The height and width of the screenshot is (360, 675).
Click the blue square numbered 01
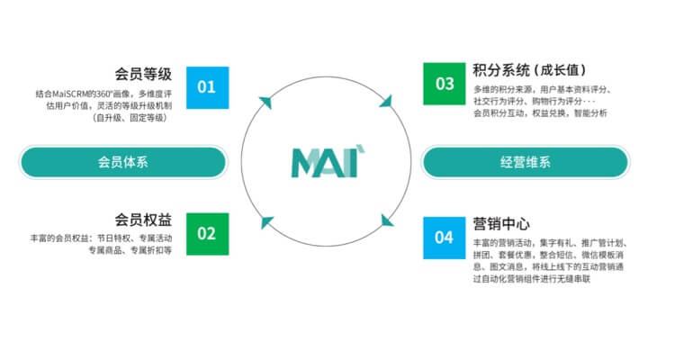pyautogui.click(x=207, y=87)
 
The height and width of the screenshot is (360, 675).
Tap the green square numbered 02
pyautogui.click(x=207, y=234)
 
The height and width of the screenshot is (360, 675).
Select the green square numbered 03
pyautogui.click(x=445, y=84)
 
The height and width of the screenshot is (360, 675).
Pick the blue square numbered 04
pyautogui.click(x=445, y=238)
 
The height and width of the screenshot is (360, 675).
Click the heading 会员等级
pyautogui.click(x=144, y=73)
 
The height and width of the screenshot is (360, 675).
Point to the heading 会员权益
pyautogui.click(x=144, y=220)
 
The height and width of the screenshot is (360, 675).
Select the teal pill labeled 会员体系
pyautogui.click(x=123, y=162)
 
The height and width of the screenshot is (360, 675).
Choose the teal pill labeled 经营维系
pyautogui.click(x=526, y=162)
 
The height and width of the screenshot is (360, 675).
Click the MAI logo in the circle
pyautogui.click(x=325, y=161)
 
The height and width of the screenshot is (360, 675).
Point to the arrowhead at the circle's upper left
pyautogui.click(x=265, y=102)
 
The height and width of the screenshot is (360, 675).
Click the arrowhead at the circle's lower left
pyautogui.click(x=265, y=222)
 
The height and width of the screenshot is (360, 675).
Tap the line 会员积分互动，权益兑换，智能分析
pyautogui.click(x=540, y=113)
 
